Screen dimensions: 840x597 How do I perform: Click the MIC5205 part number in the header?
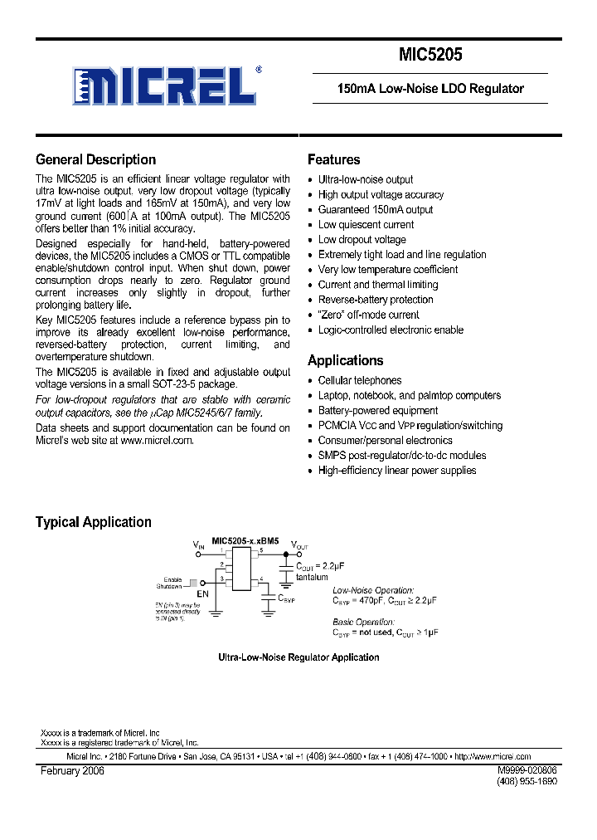(430, 56)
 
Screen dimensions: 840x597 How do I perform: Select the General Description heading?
(95, 160)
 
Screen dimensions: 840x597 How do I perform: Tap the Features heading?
(333, 160)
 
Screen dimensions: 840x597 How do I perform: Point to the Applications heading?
(345, 360)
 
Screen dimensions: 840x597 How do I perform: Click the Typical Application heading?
(93, 522)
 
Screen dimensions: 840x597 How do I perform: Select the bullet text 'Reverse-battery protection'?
(376, 300)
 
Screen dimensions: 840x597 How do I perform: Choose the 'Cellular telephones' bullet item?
(360, 380)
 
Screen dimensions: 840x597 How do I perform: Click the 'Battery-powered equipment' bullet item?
(378, 410)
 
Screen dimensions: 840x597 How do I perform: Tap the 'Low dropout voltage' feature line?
(362, 240)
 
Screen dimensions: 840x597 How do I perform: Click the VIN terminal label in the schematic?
(198, 545)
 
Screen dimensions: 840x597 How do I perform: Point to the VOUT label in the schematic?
(298, 545)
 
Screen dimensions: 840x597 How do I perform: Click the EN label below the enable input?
(202, 595)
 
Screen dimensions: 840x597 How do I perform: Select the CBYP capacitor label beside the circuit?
(285, 598)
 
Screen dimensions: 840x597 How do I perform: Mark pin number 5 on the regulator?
(260, 550)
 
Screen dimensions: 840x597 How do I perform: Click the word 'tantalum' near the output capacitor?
(312, 577)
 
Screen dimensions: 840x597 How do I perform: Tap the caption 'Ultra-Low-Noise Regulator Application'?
(298, 657)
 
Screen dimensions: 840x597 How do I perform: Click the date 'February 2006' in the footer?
(73, 771)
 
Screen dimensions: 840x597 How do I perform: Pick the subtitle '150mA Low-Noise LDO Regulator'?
(430, 88)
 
